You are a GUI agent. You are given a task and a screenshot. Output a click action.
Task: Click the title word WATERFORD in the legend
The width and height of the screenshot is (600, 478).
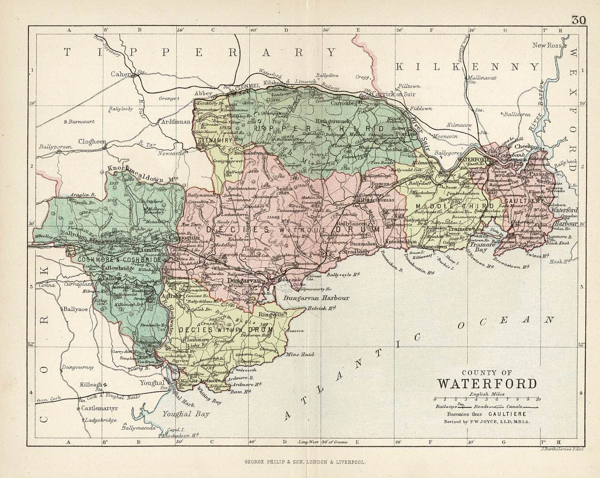(x=486, y=384)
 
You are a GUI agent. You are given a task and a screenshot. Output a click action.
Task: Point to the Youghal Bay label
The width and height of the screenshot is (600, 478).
(x=190, y=414)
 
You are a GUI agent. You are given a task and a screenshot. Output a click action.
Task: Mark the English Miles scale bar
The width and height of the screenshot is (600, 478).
(x=486, y=399)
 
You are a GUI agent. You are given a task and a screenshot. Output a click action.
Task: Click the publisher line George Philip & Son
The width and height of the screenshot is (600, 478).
(x=300, y=462)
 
